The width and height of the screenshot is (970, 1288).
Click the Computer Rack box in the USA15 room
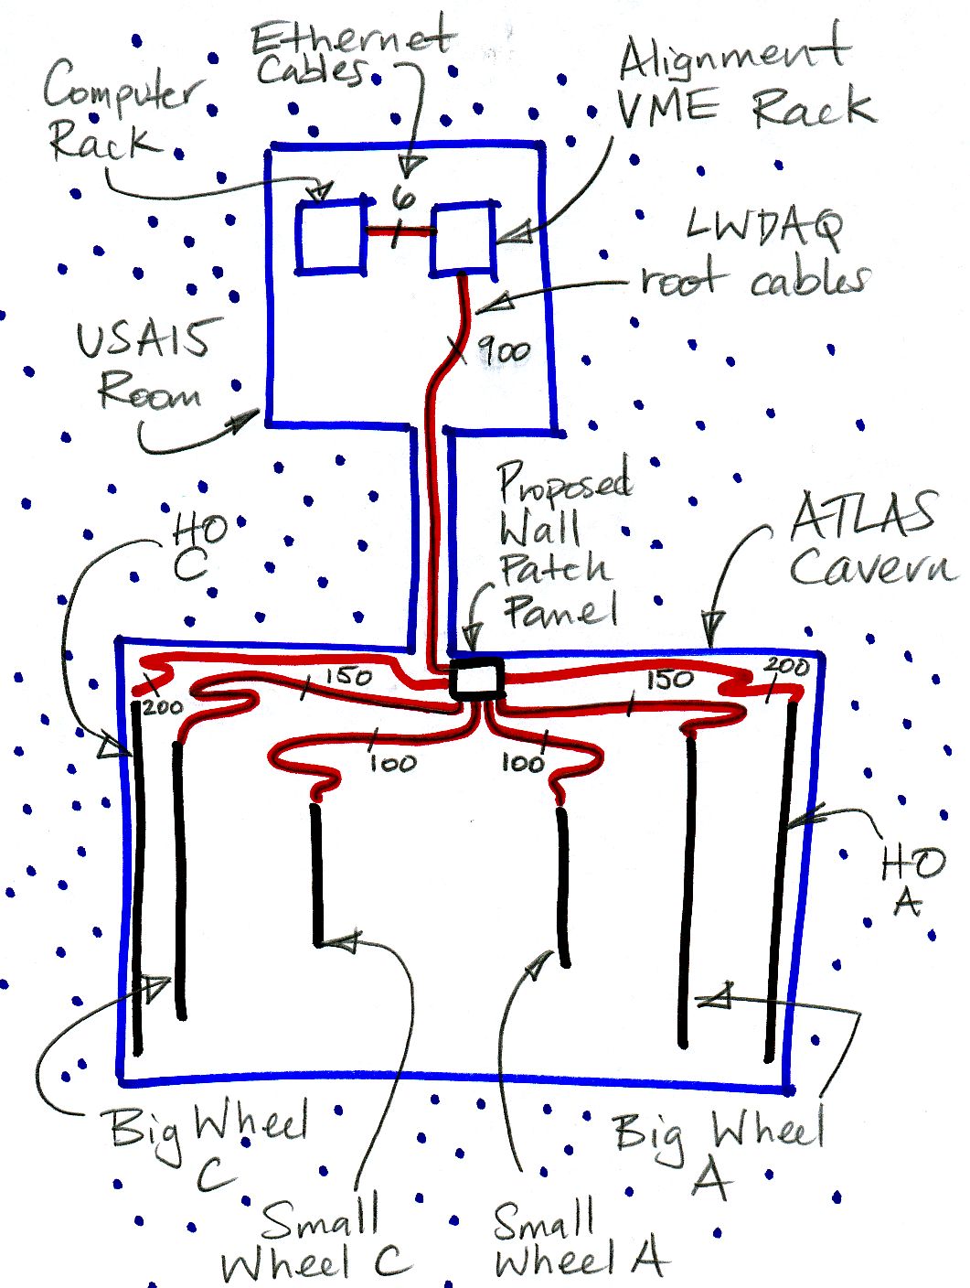pyautogui.click(x=330, y=237)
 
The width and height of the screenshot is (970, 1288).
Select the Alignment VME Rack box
pyautogui.click(x=464, y=239)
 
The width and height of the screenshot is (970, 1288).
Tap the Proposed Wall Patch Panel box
pyautogui.click(x=478, y=679)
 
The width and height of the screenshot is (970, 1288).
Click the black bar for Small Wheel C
pyautogui.click(x=317, y=874)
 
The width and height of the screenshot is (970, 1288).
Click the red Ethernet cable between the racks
pyautogui.click(x=399, y=232)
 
